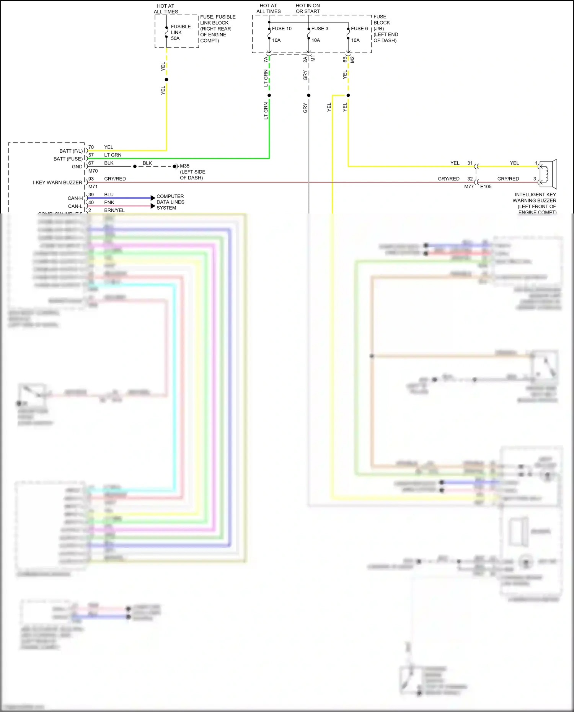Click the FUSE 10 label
point(282,29)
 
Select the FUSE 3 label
point(320,29)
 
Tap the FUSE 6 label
point(359,29)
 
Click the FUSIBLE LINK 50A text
point(180,33)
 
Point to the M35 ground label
point(184,166)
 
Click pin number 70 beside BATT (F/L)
point(91,147)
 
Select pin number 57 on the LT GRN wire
point(91,155)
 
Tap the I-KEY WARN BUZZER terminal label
point(57,182)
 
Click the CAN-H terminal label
point(75,198)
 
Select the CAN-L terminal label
point(75,206)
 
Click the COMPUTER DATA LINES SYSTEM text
point(170,202)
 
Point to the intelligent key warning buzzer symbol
point(548,174)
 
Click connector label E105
point(486,187)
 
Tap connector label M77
point(469,187)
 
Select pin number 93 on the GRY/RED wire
point(91,179)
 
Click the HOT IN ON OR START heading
point(308,8)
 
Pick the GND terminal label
point(77,167)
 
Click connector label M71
point(93,187)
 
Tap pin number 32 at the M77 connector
point(470,179)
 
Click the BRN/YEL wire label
point(114,210)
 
